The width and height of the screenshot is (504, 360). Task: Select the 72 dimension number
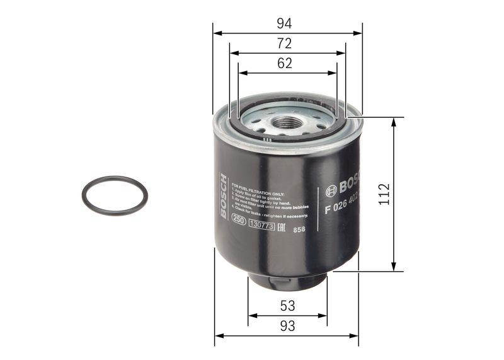(285, 44)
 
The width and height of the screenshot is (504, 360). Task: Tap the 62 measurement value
(285, 63)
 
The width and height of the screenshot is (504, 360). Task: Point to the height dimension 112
(384, 194)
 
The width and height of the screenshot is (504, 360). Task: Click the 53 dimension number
(287, 306)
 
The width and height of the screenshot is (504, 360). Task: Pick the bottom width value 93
(287, 326)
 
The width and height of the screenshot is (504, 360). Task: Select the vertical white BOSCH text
(223, 195)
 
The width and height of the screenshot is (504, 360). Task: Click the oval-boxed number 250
(239, 221)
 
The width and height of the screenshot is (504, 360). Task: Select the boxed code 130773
(261, 224)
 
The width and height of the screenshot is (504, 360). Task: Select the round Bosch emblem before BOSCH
(331, 189)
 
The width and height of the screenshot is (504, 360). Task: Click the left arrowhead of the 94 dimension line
(216, 33)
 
